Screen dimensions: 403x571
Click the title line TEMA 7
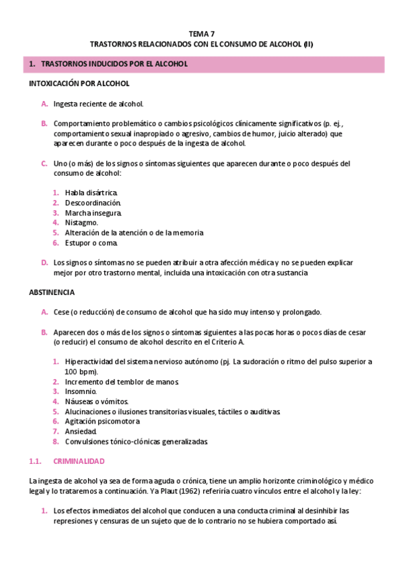click(x=202, y=33)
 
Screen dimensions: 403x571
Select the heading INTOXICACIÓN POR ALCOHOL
click(x=79, y=84)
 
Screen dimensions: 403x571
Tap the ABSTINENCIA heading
click(x=52, y=293)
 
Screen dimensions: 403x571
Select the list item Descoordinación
click(x=93, y=203)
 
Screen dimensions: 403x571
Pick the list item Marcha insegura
click(x=93, y=213)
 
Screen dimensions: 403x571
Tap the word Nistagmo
click(x=81, y=222)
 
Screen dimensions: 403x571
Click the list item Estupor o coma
click(x=91, y=242)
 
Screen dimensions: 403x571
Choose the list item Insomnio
click(x=81, y=391)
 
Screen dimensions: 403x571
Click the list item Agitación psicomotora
click(x=102, y=422)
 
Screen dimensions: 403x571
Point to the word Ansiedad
click(x=81, y=432)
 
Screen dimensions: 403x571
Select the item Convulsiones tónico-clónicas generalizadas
click(x=137, y=442)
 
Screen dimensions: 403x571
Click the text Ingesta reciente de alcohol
click(x=98, y=104)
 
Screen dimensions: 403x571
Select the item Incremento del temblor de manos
click(x=112, y=382)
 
